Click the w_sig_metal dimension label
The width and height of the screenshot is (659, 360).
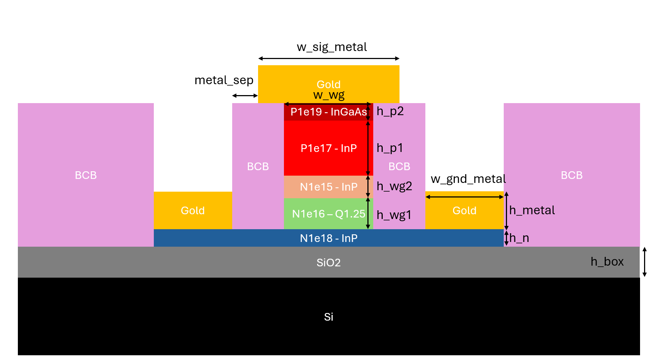coord(332,47)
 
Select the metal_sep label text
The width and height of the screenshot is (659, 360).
coord(224,80)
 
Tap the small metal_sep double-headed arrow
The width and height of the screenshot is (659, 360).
coord(245,95)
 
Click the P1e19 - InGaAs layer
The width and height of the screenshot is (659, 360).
coord(328,112)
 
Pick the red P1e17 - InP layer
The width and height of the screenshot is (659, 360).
coord(328,148)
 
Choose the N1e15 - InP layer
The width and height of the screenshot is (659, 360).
coord(328,187)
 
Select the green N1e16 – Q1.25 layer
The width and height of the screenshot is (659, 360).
coord(328,214)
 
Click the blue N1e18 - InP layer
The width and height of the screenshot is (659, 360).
coord(328,238)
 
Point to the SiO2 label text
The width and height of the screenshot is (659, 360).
coord(328,263)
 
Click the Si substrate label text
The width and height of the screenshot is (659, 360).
coord(328,317)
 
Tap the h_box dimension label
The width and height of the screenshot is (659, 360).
coord(607,262)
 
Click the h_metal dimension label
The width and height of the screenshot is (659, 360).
coord(532,210)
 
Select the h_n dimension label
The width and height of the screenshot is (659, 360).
coord(519,238)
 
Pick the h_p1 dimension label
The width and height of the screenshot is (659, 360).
coord(390,148)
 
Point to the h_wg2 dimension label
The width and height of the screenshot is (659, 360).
coord(394,187)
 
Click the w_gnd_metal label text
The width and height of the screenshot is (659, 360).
coord(468,179)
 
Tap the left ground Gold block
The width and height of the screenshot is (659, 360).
coord(193,211)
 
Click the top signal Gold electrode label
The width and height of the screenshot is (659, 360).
coord(328,85)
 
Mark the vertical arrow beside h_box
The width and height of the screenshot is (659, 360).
coord(644,262)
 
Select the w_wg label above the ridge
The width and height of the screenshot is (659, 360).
coord(329,95)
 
